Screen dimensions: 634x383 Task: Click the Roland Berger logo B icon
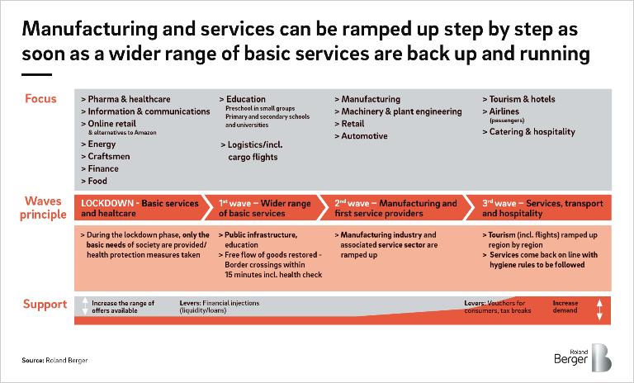tap(601, 357)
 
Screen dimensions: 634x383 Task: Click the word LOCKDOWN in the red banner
tap(107, 203)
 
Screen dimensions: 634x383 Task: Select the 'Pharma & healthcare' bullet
tap(125, 99)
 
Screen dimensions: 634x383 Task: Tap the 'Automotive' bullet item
tap(361, 136)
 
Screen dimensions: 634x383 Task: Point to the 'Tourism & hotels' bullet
tap(518, 99)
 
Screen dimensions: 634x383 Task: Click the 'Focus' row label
tap(40, 99)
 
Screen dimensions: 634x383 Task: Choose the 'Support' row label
tap(45, 304)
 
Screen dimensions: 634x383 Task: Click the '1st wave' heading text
tap(235, 203)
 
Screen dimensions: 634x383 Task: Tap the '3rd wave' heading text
tap(499, 203)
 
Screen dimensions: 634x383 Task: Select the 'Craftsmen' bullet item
tap(105, 157)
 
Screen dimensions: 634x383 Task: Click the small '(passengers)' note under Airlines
tap(507, 121)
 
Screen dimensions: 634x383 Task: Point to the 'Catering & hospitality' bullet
tap(528, 132)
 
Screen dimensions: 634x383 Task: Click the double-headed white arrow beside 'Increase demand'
tap(599, 310)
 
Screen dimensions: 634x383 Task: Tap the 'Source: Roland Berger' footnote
tap(54, 361)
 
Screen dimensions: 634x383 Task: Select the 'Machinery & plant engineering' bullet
tap(398, 111)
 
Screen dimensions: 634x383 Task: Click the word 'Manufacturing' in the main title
tap(89, 30)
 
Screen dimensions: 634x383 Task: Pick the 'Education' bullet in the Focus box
tap(242, 99)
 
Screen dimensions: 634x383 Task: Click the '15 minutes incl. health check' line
tap(273, 275)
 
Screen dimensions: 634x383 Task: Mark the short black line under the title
tap(37, 74)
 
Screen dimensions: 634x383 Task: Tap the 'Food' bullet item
tap(94, 182)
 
